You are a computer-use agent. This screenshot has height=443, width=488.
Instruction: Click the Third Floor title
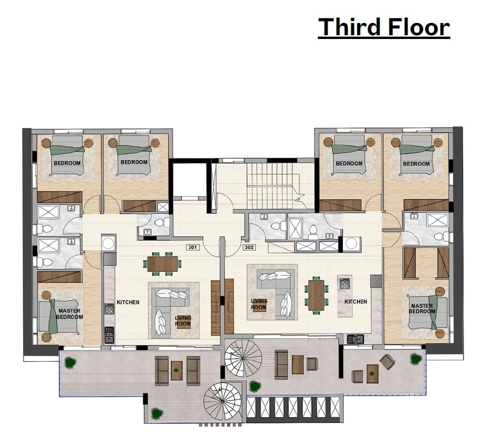coord(384,27)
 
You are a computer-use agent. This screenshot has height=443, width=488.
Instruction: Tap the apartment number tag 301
coord(192,247)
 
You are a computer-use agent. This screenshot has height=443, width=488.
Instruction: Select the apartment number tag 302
coord(249,247)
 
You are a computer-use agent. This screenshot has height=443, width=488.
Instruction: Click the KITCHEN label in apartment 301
coord(128,302)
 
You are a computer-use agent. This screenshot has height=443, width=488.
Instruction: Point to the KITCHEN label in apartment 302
coord(356,302)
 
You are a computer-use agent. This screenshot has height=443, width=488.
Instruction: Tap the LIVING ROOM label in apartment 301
coord(183,321)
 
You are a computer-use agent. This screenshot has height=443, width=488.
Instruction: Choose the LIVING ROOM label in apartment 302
coord(259,304)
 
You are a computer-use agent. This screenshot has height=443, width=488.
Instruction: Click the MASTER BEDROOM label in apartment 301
coord(70,314)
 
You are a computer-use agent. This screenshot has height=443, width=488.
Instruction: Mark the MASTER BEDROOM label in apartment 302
coord(422,309)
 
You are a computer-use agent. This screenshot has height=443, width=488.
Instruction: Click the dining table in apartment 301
coord(162,264)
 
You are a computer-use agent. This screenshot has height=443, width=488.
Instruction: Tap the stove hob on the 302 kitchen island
coord(345,284)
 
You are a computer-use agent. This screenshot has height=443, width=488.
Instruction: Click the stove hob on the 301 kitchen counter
coord(109,309)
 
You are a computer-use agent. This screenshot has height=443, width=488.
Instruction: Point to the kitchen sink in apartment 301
coord(109,334)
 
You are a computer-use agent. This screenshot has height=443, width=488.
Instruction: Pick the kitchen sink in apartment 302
coord(355,338)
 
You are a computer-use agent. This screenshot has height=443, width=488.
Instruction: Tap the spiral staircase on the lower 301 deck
coord(222,401)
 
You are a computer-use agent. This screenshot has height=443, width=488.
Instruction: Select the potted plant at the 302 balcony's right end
coord(416,359)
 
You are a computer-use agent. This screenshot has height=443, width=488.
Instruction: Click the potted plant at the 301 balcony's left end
coord(71,363)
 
